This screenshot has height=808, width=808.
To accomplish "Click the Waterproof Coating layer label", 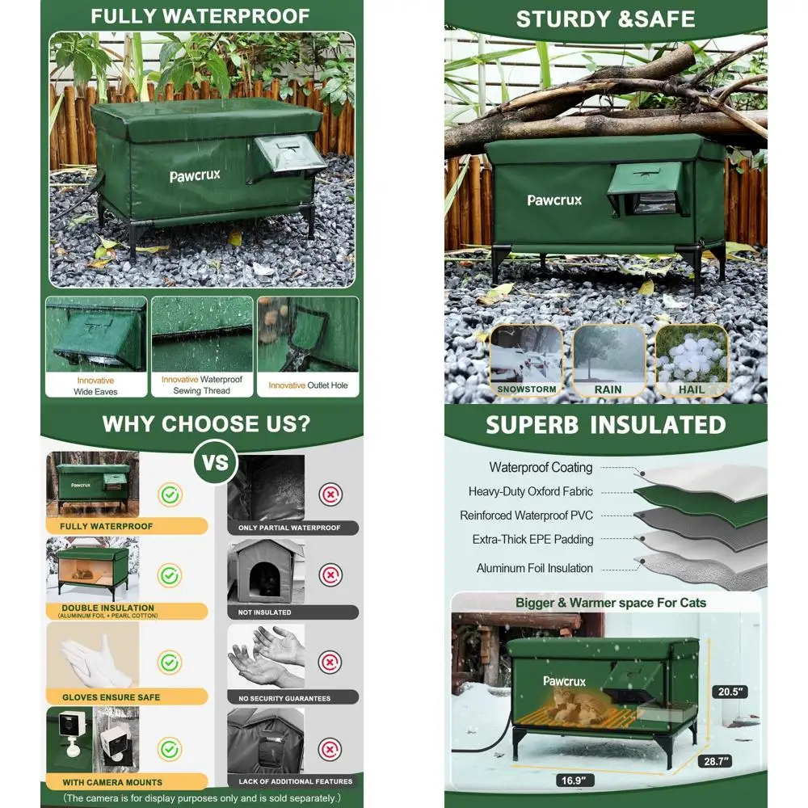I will [541, 468].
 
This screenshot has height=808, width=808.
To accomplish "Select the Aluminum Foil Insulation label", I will [534, 568].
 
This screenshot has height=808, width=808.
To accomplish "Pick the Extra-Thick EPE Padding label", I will [532, 540].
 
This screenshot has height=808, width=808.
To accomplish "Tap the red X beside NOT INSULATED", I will [330, 575].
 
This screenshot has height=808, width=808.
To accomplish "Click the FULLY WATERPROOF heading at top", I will [200, 16].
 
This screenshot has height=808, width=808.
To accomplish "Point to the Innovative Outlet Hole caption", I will [308, 385].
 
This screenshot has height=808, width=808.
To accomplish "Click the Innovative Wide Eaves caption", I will [95, 385].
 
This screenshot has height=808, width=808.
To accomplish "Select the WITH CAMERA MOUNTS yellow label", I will [113, 782].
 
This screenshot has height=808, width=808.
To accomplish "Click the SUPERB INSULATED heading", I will [605, 425].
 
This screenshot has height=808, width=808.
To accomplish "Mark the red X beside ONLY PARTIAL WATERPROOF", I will [330, 494].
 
